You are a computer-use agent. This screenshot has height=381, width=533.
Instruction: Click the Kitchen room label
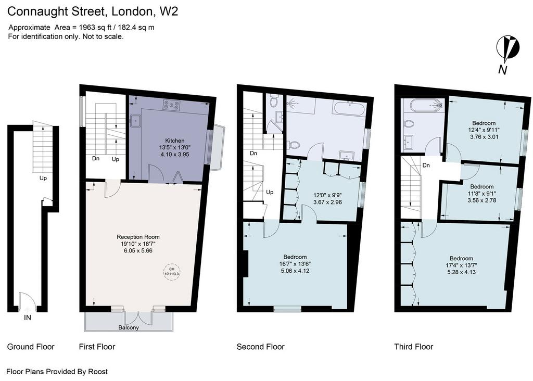point(175,141)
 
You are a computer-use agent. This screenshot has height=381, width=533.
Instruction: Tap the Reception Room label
point(138,237)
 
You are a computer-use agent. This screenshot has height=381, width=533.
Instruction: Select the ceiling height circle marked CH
point(172,272)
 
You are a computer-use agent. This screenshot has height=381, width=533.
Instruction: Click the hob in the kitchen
point(171,105)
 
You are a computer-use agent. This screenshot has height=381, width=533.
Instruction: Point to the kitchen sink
point(135,120)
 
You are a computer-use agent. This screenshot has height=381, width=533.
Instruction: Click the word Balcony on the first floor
point(129,327)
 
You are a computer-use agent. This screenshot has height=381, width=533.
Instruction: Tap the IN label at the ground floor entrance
point(28,317)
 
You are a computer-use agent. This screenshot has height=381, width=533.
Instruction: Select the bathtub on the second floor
point(349,109)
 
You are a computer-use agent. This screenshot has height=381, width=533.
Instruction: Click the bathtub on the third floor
point(427,105)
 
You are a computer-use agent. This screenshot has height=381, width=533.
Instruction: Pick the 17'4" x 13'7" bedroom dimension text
point(461,265)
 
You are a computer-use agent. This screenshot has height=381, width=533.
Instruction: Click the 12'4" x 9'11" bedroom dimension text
point(484,130)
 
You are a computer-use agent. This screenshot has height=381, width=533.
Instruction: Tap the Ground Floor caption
point(31,347)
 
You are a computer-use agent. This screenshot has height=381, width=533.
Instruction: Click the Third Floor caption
point(414,347)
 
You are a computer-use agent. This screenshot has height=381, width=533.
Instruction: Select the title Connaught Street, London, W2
point(93,11)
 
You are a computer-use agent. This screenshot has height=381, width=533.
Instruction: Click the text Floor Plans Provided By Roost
point(57,372)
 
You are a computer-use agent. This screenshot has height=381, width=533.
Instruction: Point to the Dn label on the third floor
point(426,165)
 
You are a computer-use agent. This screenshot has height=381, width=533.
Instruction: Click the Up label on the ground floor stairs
point(43,178)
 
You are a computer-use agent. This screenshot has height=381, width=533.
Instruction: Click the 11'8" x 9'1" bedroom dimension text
point(481,194)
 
